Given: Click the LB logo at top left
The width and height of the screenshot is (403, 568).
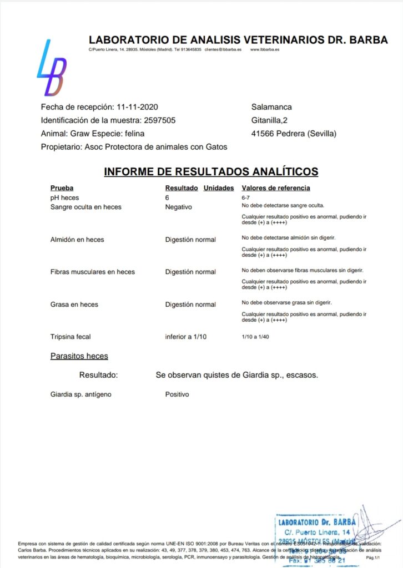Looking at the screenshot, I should point(52,68).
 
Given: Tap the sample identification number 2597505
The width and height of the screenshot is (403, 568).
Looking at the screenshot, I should point(160,120).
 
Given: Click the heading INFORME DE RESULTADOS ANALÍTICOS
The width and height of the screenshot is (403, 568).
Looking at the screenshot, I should point(211,171).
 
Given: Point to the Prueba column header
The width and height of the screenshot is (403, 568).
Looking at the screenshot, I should point(62,188).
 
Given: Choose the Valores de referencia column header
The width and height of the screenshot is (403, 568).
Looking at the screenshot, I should point(276,188).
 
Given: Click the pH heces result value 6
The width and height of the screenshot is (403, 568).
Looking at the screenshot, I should point(167,197).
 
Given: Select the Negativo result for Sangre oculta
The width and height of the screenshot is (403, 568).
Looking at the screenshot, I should point(178,207).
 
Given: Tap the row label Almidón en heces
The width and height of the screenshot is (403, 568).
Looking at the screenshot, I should point(77,240).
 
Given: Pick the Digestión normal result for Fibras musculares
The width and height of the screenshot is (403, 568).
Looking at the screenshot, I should point(190,272).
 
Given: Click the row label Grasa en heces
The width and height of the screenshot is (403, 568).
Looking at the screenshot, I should point(74,305).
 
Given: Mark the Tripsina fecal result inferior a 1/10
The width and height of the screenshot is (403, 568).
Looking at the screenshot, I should point(185,337).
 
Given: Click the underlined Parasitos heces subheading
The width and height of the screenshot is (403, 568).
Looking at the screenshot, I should point(79,356).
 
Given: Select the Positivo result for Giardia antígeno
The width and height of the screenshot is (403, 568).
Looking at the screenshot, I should point(177,394).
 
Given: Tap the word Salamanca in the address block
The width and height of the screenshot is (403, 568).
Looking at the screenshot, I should point(271,107).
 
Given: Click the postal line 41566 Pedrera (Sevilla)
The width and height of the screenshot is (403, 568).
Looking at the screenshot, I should point(294,134).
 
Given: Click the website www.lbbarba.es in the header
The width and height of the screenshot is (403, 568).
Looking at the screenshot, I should point(265,49).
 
